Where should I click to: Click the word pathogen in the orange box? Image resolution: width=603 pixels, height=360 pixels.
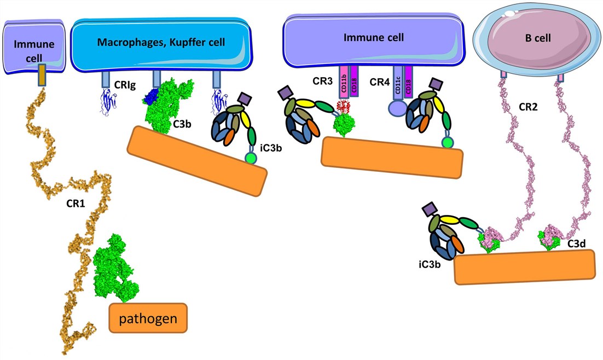(148, 317)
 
